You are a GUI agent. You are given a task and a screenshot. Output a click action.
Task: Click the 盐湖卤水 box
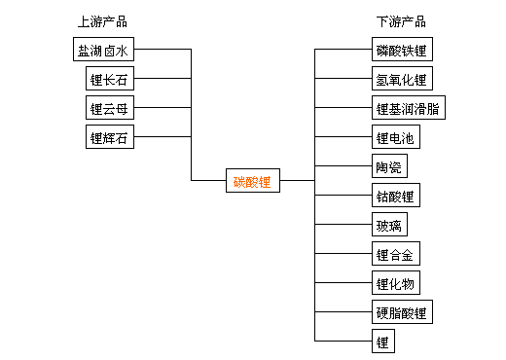pos(100,50)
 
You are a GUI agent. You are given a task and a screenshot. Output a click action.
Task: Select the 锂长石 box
pos(107,79)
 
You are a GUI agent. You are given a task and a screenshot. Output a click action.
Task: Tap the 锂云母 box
pos(107,108)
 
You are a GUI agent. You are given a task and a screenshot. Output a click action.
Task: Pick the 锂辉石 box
pos(107,137)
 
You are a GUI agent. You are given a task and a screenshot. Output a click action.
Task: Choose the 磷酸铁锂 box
pos(400,50)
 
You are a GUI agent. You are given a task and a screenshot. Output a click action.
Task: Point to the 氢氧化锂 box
pos(400,79)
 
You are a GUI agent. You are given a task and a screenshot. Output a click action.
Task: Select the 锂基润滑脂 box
pos(407,108)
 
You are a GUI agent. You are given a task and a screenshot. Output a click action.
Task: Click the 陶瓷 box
pos(386,166)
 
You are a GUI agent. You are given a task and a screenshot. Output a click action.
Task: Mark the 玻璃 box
pos(386,225)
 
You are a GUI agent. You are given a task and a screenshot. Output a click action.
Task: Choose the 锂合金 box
pos(393,254)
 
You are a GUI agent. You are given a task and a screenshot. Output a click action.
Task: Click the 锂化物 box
pos(393,283)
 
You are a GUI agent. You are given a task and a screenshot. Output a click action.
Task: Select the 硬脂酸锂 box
pos(400,312)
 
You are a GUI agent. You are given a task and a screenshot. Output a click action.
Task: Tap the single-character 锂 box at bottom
pos(381,342)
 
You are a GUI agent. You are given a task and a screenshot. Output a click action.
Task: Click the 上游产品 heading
pos(101,21)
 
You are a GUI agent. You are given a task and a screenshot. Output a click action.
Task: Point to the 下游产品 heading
pos(400,21)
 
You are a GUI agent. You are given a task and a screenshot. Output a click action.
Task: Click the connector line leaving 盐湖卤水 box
pos(161,50)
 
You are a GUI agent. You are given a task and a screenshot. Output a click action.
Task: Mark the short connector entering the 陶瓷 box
pos(343,166)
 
